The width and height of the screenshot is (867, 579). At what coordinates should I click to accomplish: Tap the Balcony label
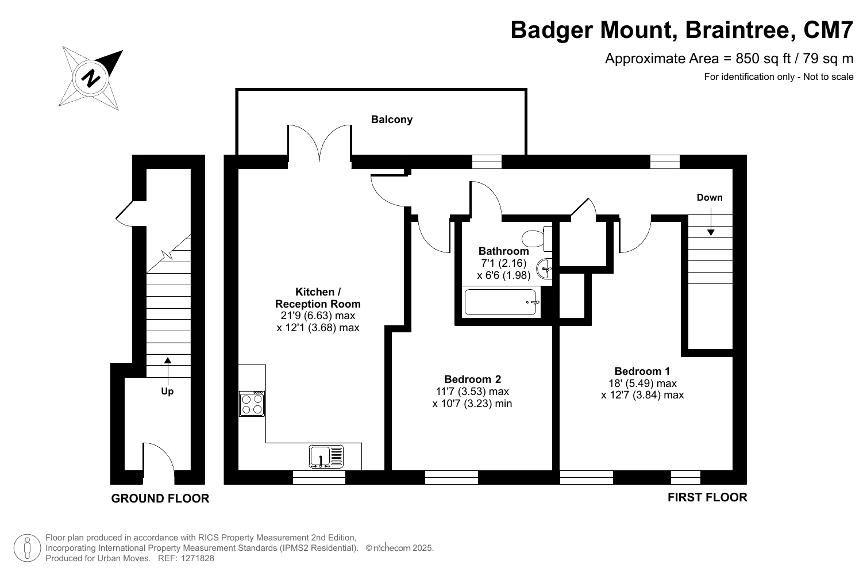pos(392,119)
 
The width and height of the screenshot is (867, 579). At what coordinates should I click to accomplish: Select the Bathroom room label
pos(503,251)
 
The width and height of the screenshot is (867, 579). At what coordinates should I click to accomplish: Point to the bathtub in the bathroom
pos(502,302)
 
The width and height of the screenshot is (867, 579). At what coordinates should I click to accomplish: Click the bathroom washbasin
pos(544,268)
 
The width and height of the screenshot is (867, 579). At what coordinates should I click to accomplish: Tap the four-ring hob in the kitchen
pos(252,404)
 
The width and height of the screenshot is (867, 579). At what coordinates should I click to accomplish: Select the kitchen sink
pos(326,456)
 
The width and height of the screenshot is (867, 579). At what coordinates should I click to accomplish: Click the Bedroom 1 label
pos(642,371)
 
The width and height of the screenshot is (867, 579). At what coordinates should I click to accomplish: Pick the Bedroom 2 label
pos(473,379)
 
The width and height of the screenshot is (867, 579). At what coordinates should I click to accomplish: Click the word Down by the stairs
pos(710,198)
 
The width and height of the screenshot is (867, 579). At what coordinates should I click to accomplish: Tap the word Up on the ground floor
pos(167,392)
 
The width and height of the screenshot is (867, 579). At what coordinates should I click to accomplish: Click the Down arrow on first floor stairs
pos(711,221)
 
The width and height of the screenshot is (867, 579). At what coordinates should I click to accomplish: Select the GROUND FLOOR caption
pos(160,499)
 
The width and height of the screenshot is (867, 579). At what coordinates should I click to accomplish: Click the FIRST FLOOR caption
pos(707,497)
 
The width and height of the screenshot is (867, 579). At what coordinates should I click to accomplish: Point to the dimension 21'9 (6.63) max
pos(318,316)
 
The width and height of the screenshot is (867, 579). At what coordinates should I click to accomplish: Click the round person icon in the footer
pos(27,548)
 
